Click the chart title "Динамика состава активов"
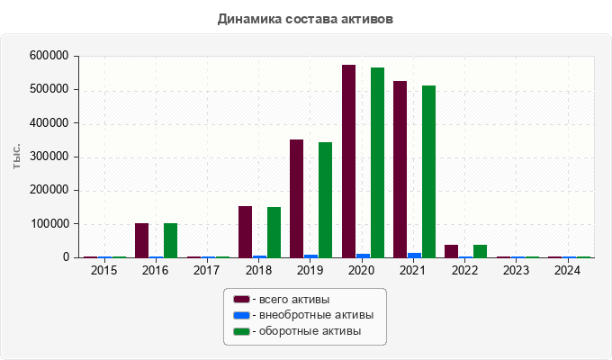click(305, 18)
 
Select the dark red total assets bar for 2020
click(348, 162)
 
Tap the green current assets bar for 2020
click(377, 163)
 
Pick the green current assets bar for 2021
click(428, 172)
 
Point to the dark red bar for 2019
click(296, 199)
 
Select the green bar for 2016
click(170, 240)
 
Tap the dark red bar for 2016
click(141, 240)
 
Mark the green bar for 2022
click(480, 251)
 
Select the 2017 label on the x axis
click(206, 270)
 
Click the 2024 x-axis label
click(568, 270)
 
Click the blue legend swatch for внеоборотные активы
click(241, 315)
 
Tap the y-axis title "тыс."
click(17, 156)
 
